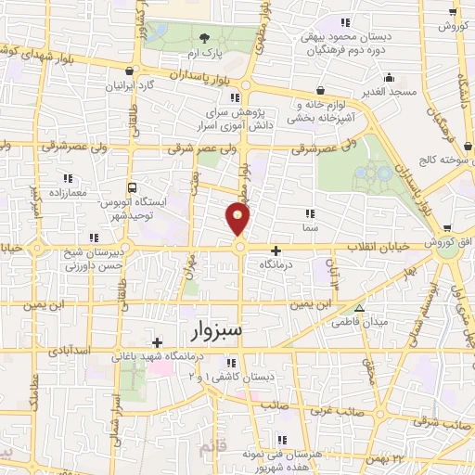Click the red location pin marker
(238, 220)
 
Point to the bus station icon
(132, 187)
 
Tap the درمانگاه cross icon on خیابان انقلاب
(276, 250)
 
